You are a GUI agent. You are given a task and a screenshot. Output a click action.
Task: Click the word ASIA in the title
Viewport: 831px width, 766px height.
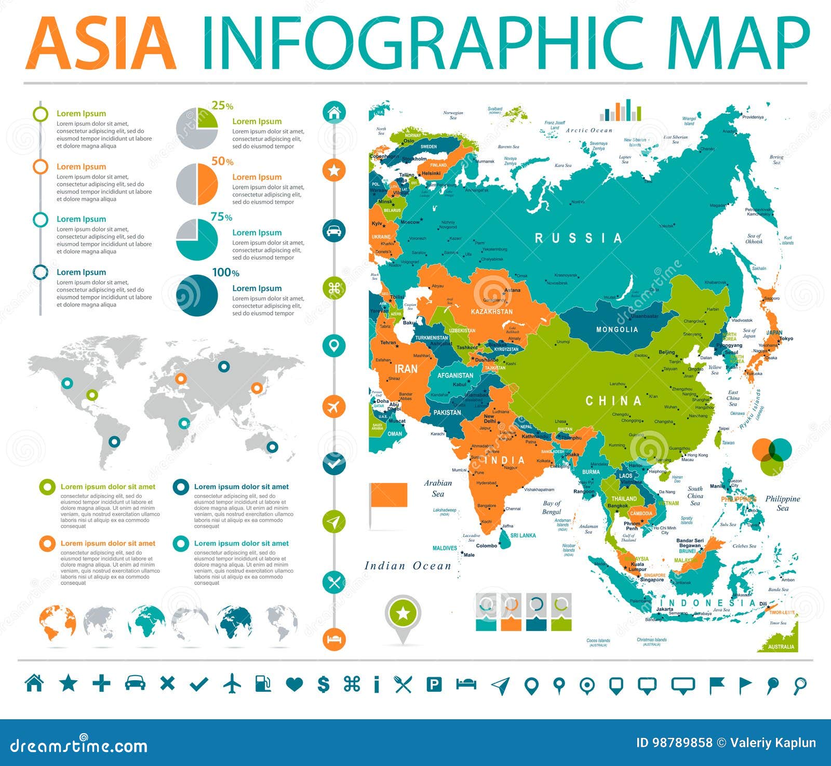coord(101,44)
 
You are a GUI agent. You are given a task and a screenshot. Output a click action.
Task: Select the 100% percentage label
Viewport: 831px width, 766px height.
coord(225,273)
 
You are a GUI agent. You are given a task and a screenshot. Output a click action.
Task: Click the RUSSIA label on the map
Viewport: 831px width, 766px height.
coord(578,238)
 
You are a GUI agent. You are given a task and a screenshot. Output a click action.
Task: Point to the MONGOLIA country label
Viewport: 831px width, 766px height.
coord(617,330)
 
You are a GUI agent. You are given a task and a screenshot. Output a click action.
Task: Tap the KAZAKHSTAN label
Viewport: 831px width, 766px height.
coord(491,312)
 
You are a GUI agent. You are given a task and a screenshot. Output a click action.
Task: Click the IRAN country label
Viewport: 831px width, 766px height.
coord(406,369)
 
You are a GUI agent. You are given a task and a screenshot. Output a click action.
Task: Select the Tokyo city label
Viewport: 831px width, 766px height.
coord(786,339)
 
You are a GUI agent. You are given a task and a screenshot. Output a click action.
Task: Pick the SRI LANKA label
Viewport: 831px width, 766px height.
coord(523,535)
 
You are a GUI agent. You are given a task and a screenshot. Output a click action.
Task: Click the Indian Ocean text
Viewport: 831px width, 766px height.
coord(408,566)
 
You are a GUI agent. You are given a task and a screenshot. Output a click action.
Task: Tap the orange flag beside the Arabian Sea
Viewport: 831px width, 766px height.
coord(388,495)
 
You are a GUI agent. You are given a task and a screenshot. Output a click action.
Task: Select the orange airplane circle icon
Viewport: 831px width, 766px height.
coord(334,406)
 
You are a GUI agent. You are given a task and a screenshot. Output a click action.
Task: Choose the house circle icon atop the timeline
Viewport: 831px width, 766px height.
coord(334,112)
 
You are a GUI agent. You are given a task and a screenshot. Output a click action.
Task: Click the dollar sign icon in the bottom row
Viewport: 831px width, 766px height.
coord(323,684)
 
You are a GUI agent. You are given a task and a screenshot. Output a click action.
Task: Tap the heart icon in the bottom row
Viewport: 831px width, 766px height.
coord(294,684)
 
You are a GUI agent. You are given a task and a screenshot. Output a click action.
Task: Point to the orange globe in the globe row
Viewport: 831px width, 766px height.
coord(57,623)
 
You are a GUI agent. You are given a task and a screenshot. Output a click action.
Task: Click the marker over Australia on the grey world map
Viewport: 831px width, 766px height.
coord(272,447)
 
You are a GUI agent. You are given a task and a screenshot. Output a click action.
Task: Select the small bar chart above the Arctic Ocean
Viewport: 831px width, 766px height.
coord(620,111)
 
